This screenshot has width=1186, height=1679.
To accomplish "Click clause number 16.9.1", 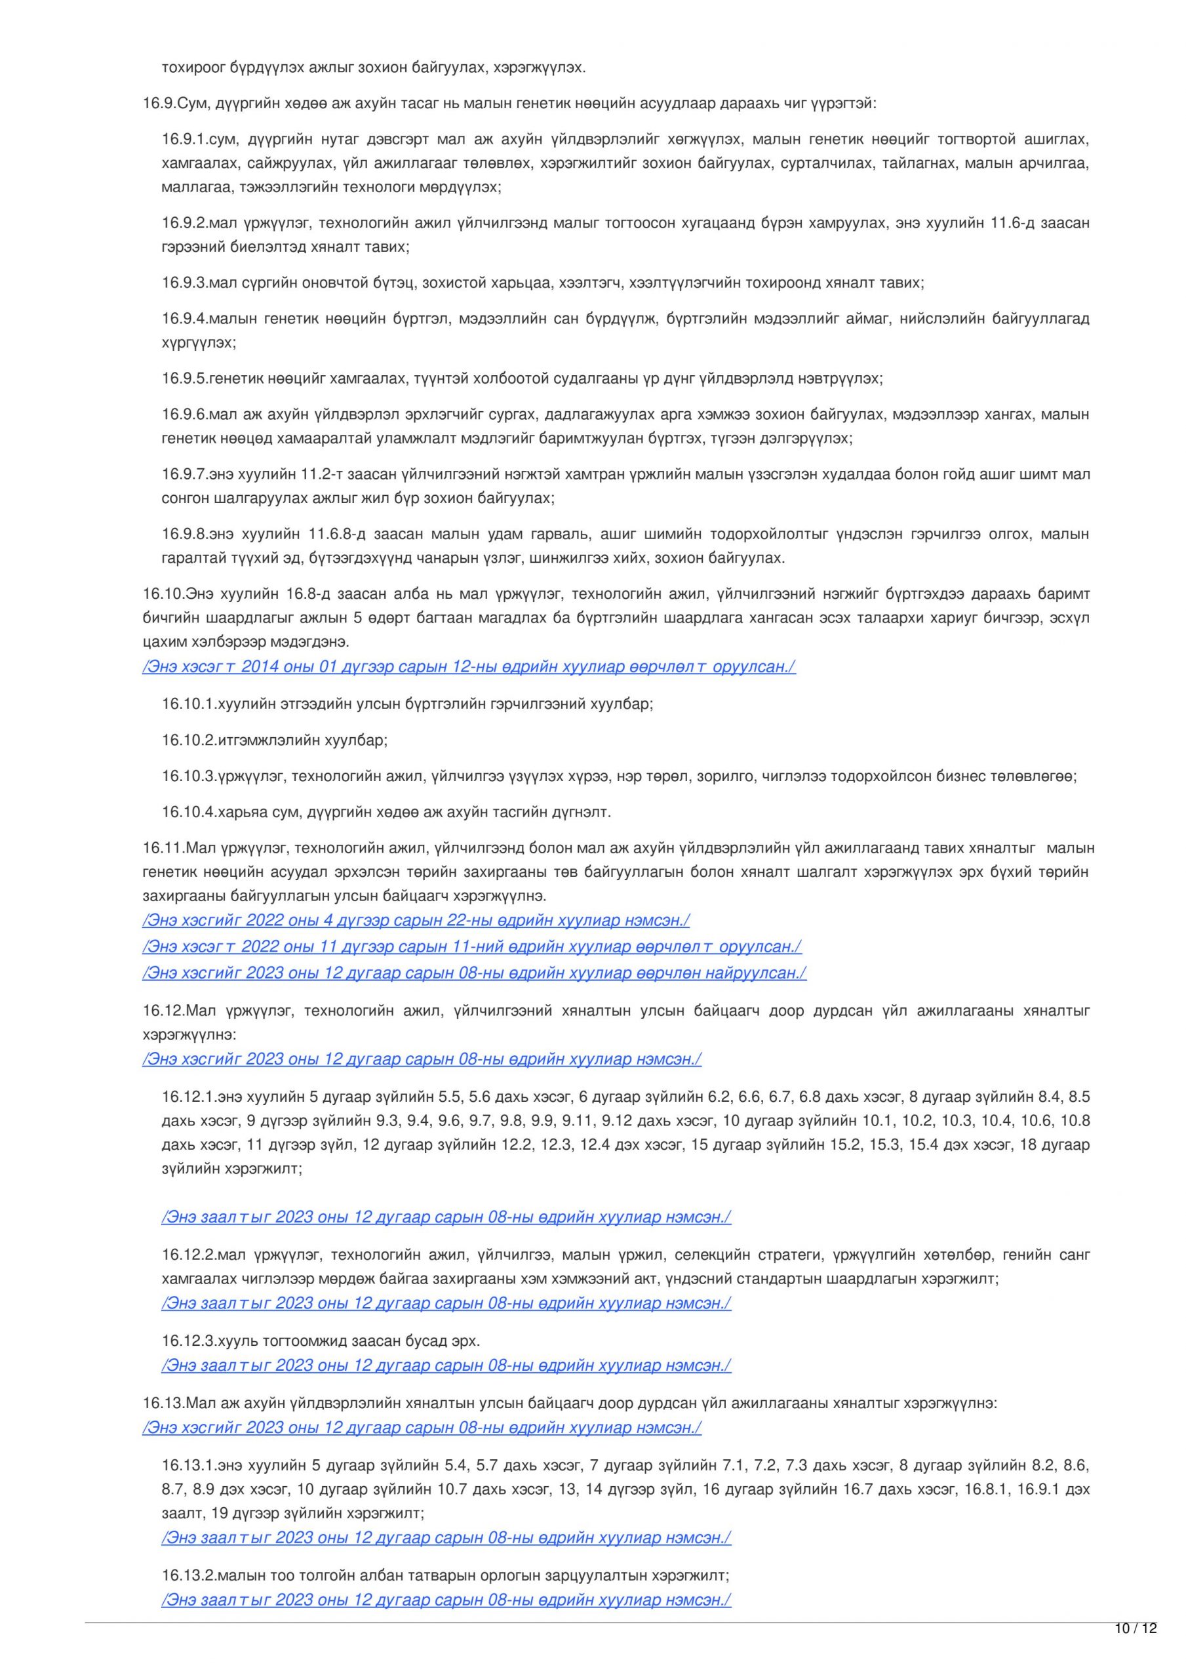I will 184,140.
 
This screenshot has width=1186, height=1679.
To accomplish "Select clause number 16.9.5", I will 184,379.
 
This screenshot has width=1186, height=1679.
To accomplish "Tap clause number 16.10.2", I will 189,740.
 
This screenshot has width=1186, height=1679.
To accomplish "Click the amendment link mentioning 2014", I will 469,666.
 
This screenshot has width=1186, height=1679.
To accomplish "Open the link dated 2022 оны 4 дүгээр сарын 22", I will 415,920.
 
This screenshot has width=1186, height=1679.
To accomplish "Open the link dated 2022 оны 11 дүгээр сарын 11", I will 471,946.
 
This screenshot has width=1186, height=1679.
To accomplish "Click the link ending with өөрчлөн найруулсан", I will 474,973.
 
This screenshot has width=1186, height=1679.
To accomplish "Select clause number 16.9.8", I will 184,534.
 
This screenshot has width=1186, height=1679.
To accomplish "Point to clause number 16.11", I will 163,848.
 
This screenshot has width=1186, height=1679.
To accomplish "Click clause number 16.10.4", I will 189,812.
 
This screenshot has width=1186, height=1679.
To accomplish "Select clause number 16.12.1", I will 189,1097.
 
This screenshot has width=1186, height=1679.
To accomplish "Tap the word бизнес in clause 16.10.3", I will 960,776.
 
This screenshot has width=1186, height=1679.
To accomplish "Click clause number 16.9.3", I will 184,282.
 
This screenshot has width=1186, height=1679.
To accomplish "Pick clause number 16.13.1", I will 189,1465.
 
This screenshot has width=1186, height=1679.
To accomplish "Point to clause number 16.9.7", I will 184,474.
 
